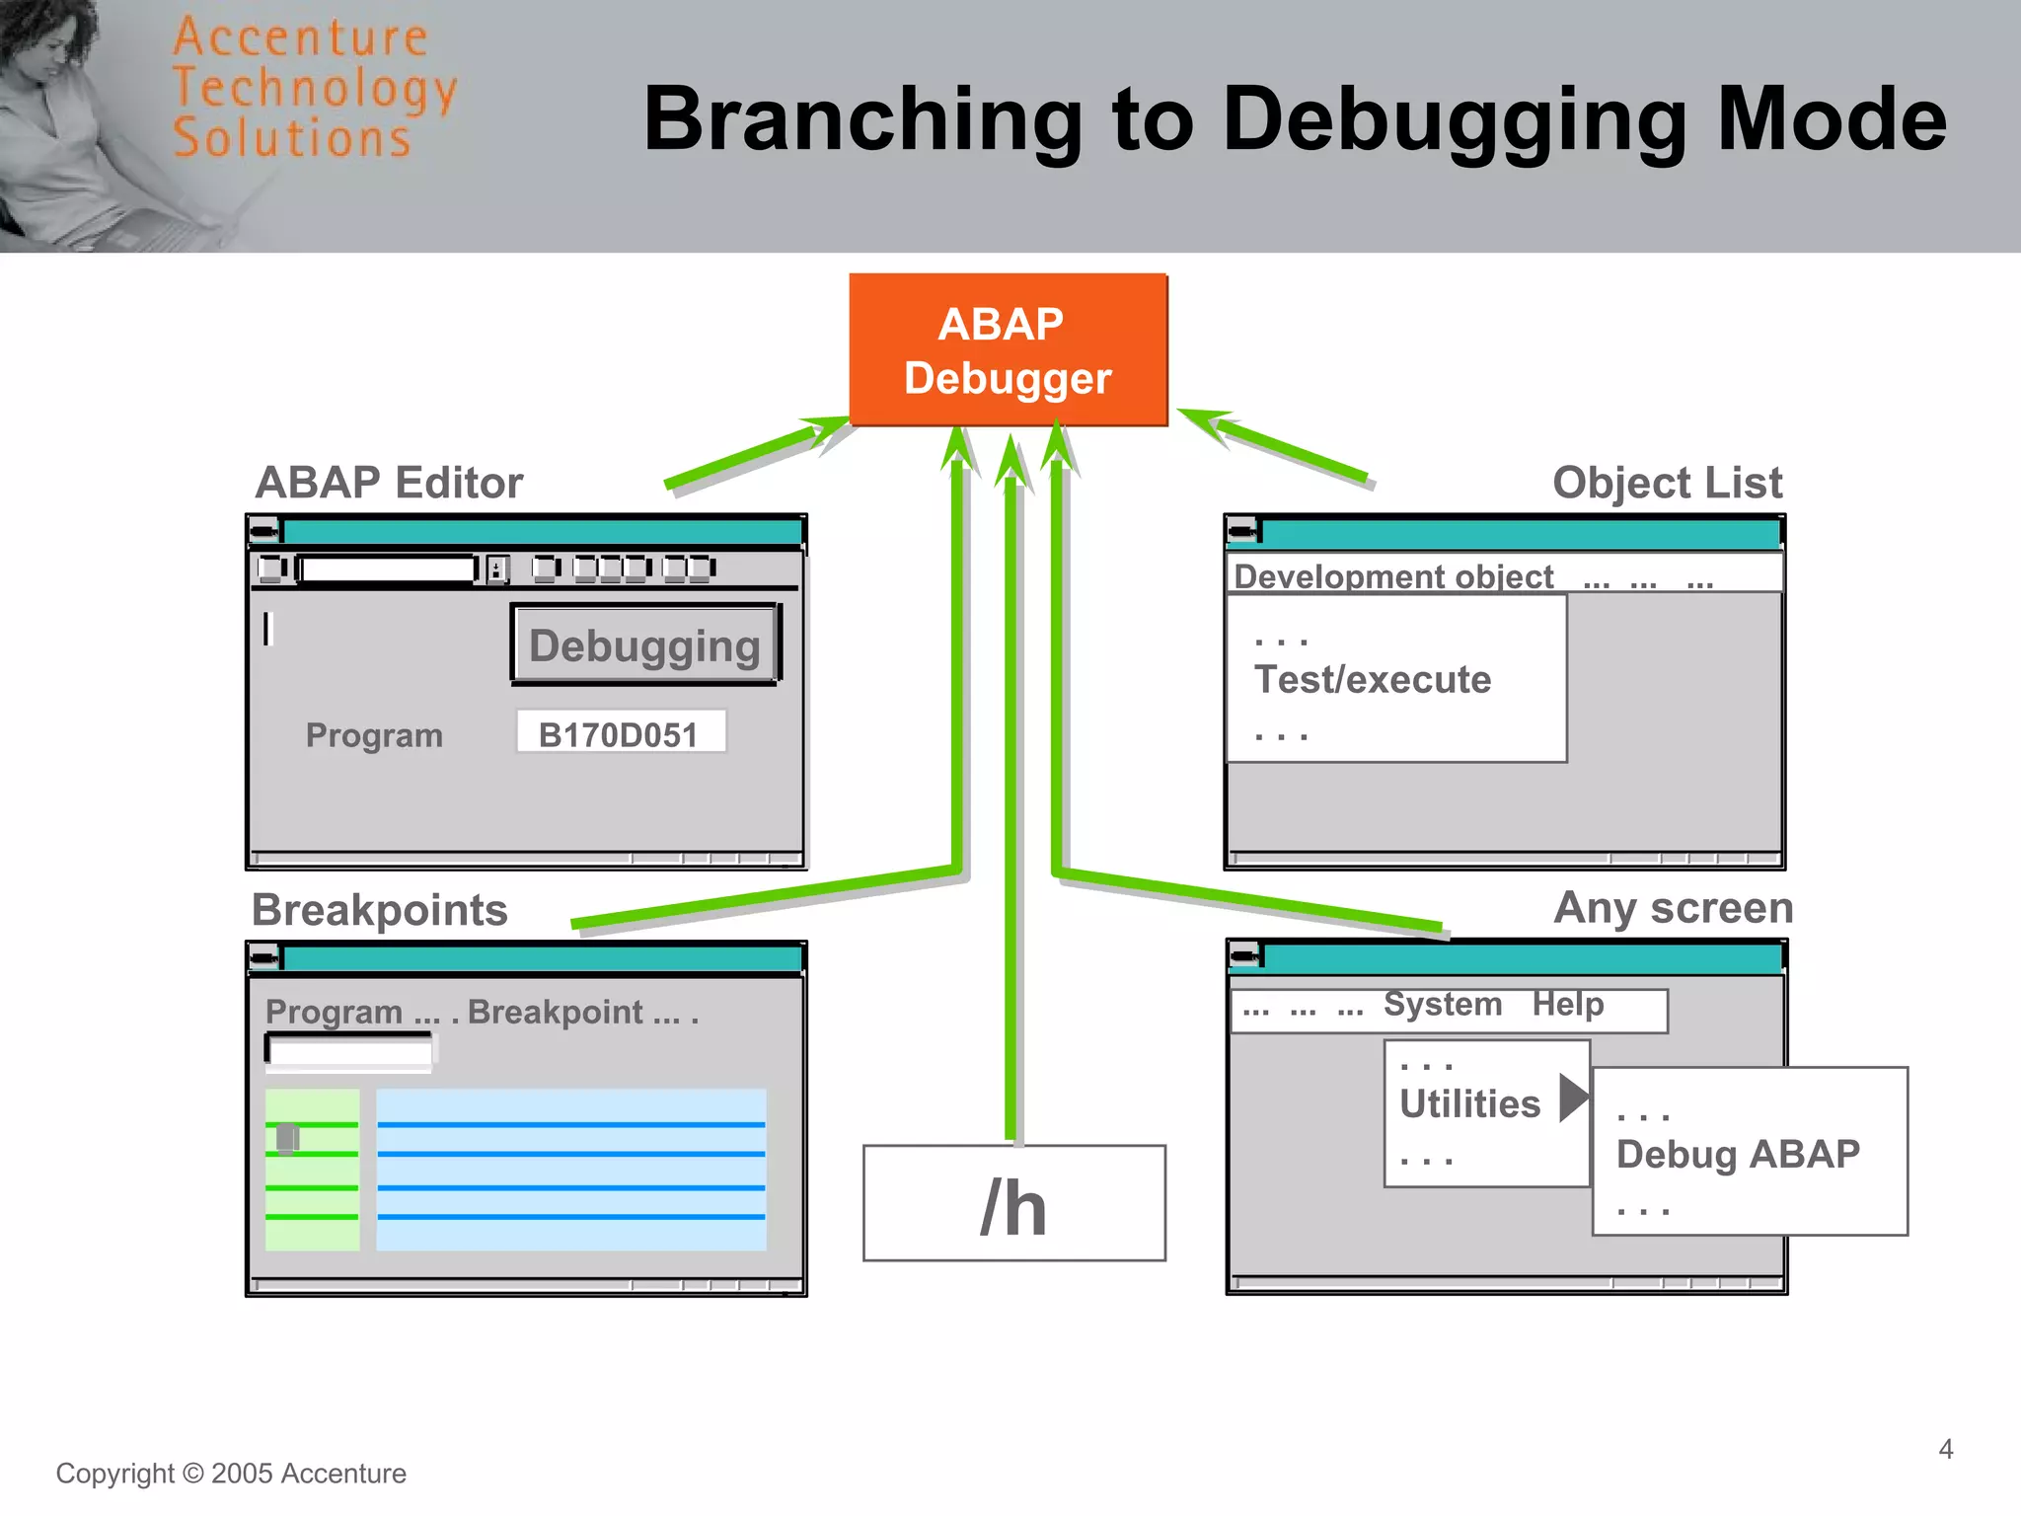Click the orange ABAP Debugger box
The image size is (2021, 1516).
[1008, 350]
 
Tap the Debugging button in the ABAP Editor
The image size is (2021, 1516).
[644, 645]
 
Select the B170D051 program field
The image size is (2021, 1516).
[620, 733]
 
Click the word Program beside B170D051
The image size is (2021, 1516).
[374, 735]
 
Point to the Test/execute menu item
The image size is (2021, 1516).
[1372, 680]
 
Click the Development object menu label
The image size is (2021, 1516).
[1393, 576]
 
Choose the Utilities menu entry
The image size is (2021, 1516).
[1469, 1103]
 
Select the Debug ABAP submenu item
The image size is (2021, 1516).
[1738, 1154]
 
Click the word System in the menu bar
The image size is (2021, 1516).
[1442, 1005]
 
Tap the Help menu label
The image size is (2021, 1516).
[1567, 1005]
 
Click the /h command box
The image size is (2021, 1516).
[1013, 1204]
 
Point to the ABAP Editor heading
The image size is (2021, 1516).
[389, 483]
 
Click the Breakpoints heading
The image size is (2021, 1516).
[380, 910]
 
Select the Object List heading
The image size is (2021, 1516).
[1667, 483]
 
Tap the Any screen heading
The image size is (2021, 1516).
[1673, 908]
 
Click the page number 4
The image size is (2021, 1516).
[1945, 1449]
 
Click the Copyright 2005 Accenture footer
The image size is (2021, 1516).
[231, 1474]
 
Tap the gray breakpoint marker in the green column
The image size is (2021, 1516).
[287, 1138]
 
